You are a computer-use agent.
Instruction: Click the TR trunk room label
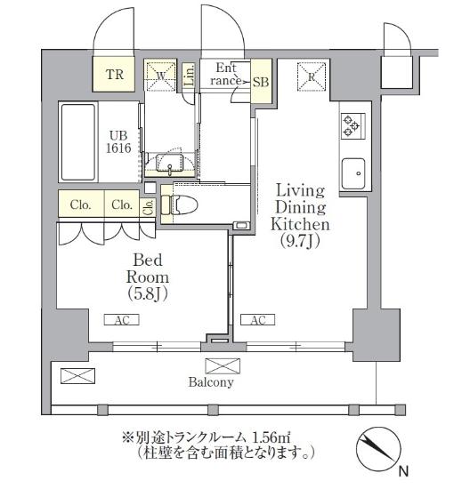116,75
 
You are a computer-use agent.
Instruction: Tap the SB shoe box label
261,81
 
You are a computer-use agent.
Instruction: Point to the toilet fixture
182,204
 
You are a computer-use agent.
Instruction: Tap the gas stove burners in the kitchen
349,126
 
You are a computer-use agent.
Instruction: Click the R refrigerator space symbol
311,76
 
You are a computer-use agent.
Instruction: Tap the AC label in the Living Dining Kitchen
256,320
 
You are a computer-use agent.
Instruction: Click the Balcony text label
210,383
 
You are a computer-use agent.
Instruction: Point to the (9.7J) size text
298,240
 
